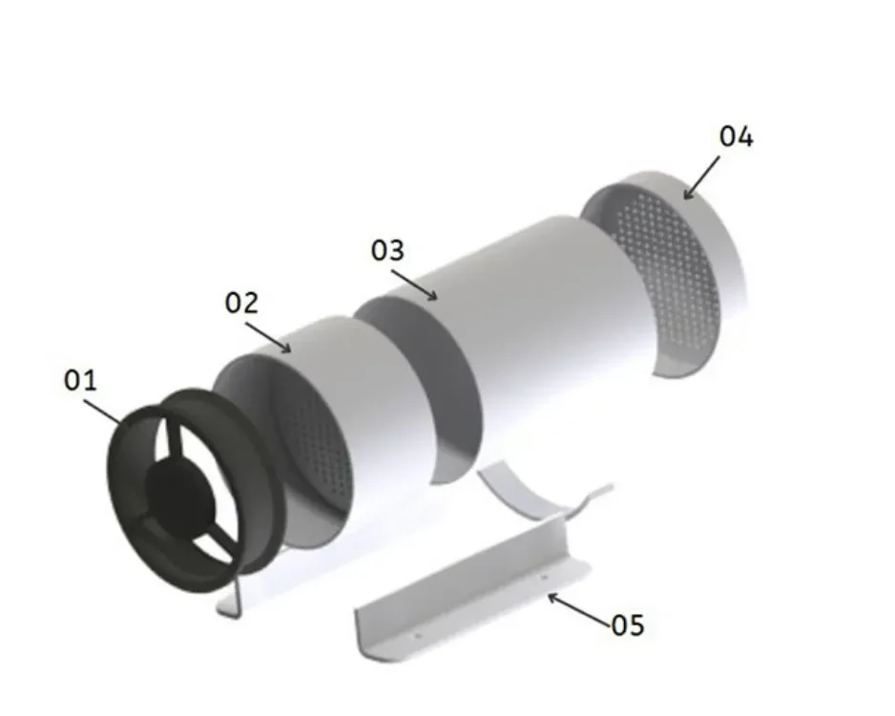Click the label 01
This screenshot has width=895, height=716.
pos(80,380)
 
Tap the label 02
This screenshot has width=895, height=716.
pos(241,303)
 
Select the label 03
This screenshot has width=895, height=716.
pos(387,250)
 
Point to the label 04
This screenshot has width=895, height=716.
pos(736,137)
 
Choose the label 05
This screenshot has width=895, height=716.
pos(628,625)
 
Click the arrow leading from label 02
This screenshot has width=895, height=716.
pos(268,337)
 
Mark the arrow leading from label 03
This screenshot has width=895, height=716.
pos(414,284)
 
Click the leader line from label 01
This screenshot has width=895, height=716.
pos(103,411)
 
